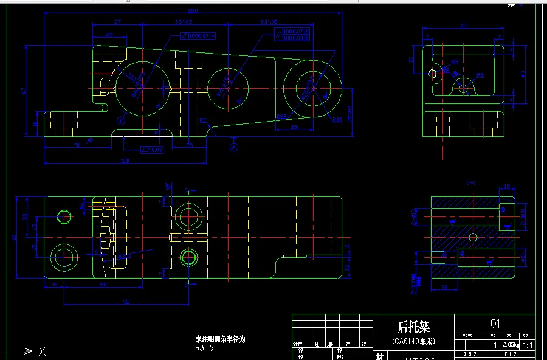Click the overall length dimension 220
coord(194,11)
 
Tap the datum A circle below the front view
coord(234,147)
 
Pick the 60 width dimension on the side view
coord(463,26)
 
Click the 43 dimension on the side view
coord(523,74)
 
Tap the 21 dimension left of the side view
coord(411,60)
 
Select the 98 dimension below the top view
coord(126,301)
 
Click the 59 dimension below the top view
coord(104,285)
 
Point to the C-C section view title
coord(470,182)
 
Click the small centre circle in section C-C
coord(473,237)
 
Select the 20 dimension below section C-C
coord(444,288)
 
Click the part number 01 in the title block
coord(495,324)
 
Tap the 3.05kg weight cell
coord(511,345)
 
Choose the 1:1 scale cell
coord(527,345)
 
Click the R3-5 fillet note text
coord(204,348)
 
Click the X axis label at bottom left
coord(42,351)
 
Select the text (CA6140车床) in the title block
coord(413,342)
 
